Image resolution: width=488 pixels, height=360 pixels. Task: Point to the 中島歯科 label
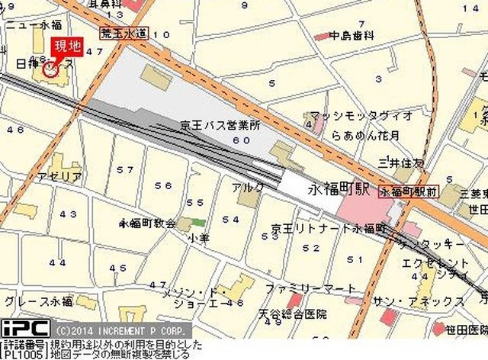pyautogui.click(x=352, y=35)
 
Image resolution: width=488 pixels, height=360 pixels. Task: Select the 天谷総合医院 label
pyautogui.click(x=291, y=313)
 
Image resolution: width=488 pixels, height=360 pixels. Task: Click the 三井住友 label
pyautogui.click(x=401, y=162)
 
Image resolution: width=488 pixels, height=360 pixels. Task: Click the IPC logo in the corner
pyautogui.click(x=25, y=329)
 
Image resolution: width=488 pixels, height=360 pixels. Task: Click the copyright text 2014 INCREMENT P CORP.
pyautogui.click(x=120, y=331)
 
